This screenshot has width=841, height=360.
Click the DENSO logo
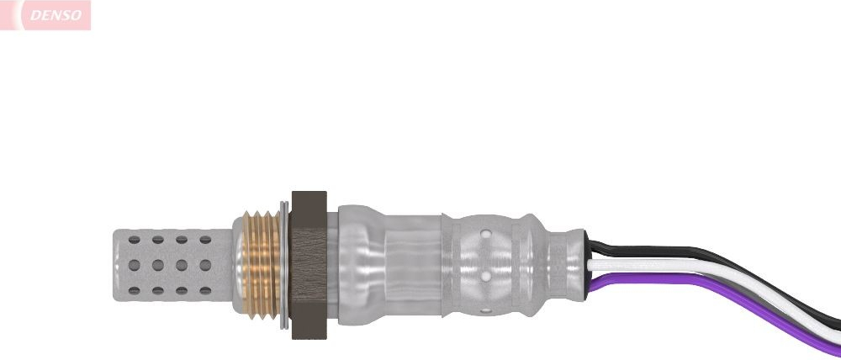(45, 15)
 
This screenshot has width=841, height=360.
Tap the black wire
(713, 257)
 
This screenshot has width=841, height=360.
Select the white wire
(713, 271)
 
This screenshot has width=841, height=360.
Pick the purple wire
(713, 289)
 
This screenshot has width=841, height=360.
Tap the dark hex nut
(309, 265)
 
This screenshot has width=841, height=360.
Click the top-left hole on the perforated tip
(134, 240)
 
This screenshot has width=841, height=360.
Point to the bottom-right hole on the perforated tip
(205, 291)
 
